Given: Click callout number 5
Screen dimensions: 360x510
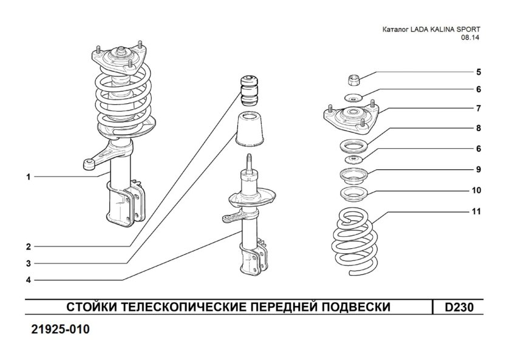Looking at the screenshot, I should pos(478,72).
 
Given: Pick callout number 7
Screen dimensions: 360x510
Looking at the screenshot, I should pos(478,109).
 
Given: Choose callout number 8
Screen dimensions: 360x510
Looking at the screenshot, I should pos(478,128).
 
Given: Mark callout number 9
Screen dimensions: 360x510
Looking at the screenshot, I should pos(478,169).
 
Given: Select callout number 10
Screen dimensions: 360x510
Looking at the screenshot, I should pos(477,190).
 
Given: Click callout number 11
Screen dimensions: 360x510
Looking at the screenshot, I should pos(477,212).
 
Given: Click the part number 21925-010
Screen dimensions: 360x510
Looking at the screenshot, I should pos(59,330).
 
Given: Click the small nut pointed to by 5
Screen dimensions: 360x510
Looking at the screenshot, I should pos(354,78).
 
